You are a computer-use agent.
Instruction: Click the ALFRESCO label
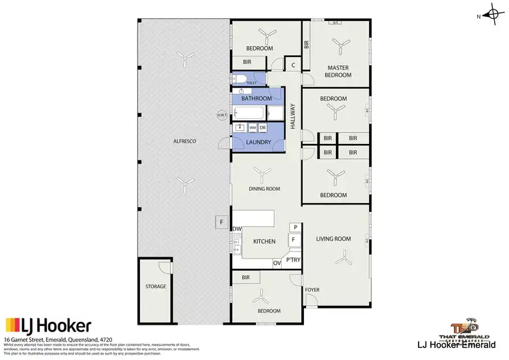tap(184, 140)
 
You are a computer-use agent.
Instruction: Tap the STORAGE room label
tap(155, 287)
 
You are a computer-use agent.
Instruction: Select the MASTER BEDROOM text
tap(339, 71)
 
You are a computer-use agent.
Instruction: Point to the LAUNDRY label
tap(259, 143)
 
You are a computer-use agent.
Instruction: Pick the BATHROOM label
tap(257, 98)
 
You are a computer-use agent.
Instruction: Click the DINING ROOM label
tap(264, 189)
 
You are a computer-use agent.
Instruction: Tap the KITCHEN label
tap(263, 242)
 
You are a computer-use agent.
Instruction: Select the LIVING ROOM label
tap(333, 238)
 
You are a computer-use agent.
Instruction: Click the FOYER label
tap(312, 290)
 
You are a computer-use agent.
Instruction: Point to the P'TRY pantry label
tap(293, 260)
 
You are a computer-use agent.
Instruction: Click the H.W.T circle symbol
tap(222, 115)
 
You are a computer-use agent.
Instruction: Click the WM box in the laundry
tap(252, 128)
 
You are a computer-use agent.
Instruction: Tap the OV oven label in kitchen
tap(277, 263)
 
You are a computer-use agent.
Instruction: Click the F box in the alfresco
tap(221, 222)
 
